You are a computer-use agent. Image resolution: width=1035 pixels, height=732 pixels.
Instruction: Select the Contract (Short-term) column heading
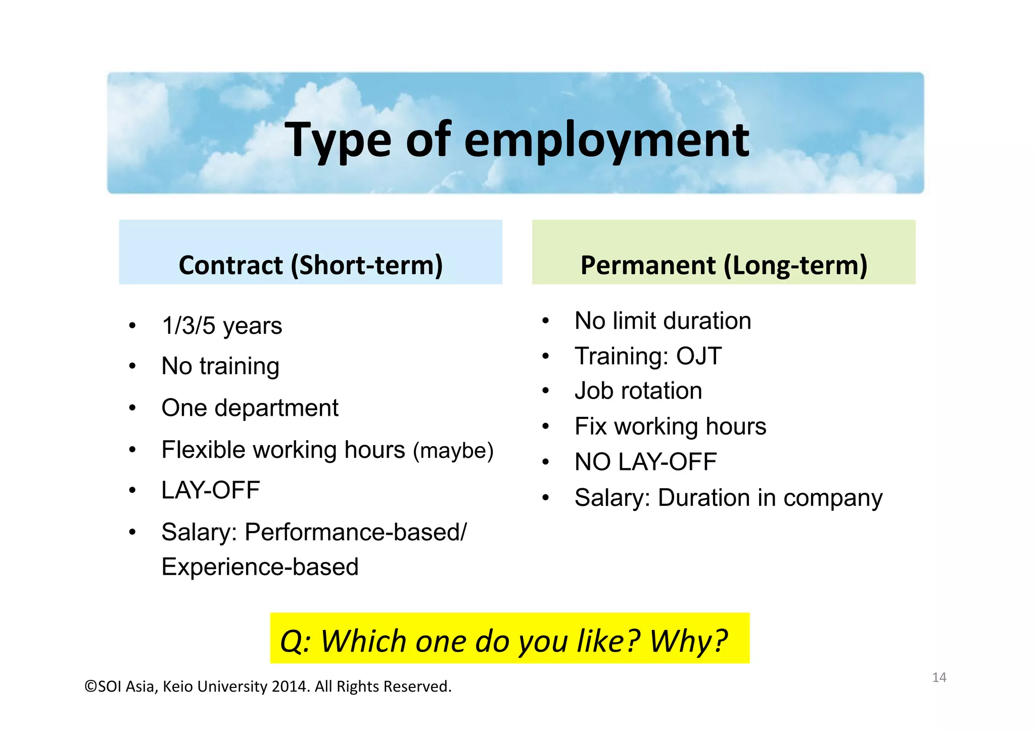click(x=310, y=266)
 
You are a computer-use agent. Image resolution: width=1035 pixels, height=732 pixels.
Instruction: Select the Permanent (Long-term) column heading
click(x=724, y=266)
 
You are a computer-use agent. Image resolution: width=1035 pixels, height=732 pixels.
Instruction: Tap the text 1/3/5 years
click(x=221, y=326)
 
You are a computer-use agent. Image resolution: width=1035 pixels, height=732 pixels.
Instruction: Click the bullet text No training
click(x=220, y=366)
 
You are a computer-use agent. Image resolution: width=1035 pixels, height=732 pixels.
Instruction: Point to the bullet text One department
click(x=250, y=408)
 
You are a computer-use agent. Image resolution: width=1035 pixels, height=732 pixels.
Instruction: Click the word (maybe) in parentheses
click(x=453, y=450)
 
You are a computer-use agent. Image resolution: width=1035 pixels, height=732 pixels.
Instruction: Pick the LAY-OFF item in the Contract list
click(x=210, y=490)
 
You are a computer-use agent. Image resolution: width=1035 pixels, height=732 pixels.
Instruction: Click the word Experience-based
click(x=260, y=567)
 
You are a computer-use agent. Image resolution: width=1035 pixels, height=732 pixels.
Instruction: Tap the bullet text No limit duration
click(x=663, y=321)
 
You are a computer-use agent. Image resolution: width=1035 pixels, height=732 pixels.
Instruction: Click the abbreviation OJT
click(x=699, y=356)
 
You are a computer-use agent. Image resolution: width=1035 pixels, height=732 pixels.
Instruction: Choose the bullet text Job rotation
click(x=638, y=391)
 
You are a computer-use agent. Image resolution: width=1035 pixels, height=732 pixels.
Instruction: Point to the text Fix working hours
click(x=670, y=426)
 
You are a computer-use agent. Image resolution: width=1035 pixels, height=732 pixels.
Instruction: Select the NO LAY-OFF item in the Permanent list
click(x=645, y=462)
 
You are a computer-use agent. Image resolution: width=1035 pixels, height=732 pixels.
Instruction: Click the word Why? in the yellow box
click(x=688, y=641)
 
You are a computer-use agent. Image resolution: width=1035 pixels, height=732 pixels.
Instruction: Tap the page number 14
click(x=939, y=677)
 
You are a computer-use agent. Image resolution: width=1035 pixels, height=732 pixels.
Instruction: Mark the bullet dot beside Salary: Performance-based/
click(x=132, y=532)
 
